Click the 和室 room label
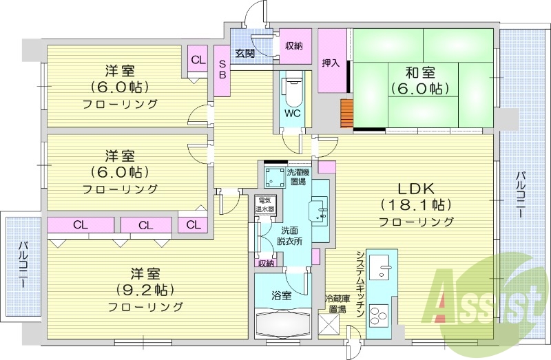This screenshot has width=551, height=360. point(419,69)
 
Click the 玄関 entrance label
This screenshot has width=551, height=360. point(245,53)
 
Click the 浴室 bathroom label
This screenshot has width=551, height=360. point(281,297)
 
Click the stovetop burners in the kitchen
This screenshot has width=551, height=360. point(380,315)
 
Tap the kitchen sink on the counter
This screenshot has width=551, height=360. point(380,266)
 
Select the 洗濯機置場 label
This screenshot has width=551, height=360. point(298,178)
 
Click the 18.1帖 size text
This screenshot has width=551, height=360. point(415,204)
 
